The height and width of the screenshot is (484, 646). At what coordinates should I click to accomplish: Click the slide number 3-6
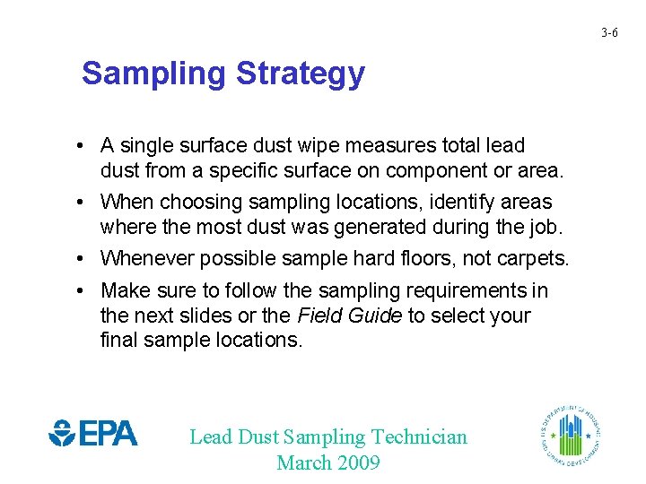point(609,33)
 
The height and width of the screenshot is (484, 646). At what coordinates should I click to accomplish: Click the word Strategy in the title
point(301,73)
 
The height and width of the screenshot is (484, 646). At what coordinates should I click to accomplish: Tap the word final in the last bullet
point(118,340)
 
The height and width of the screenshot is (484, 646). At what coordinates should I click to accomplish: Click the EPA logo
point(93,435)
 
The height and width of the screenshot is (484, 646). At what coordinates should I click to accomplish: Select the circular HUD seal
point(571,435)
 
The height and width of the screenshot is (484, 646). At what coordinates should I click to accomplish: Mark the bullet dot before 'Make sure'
point(81,290)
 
